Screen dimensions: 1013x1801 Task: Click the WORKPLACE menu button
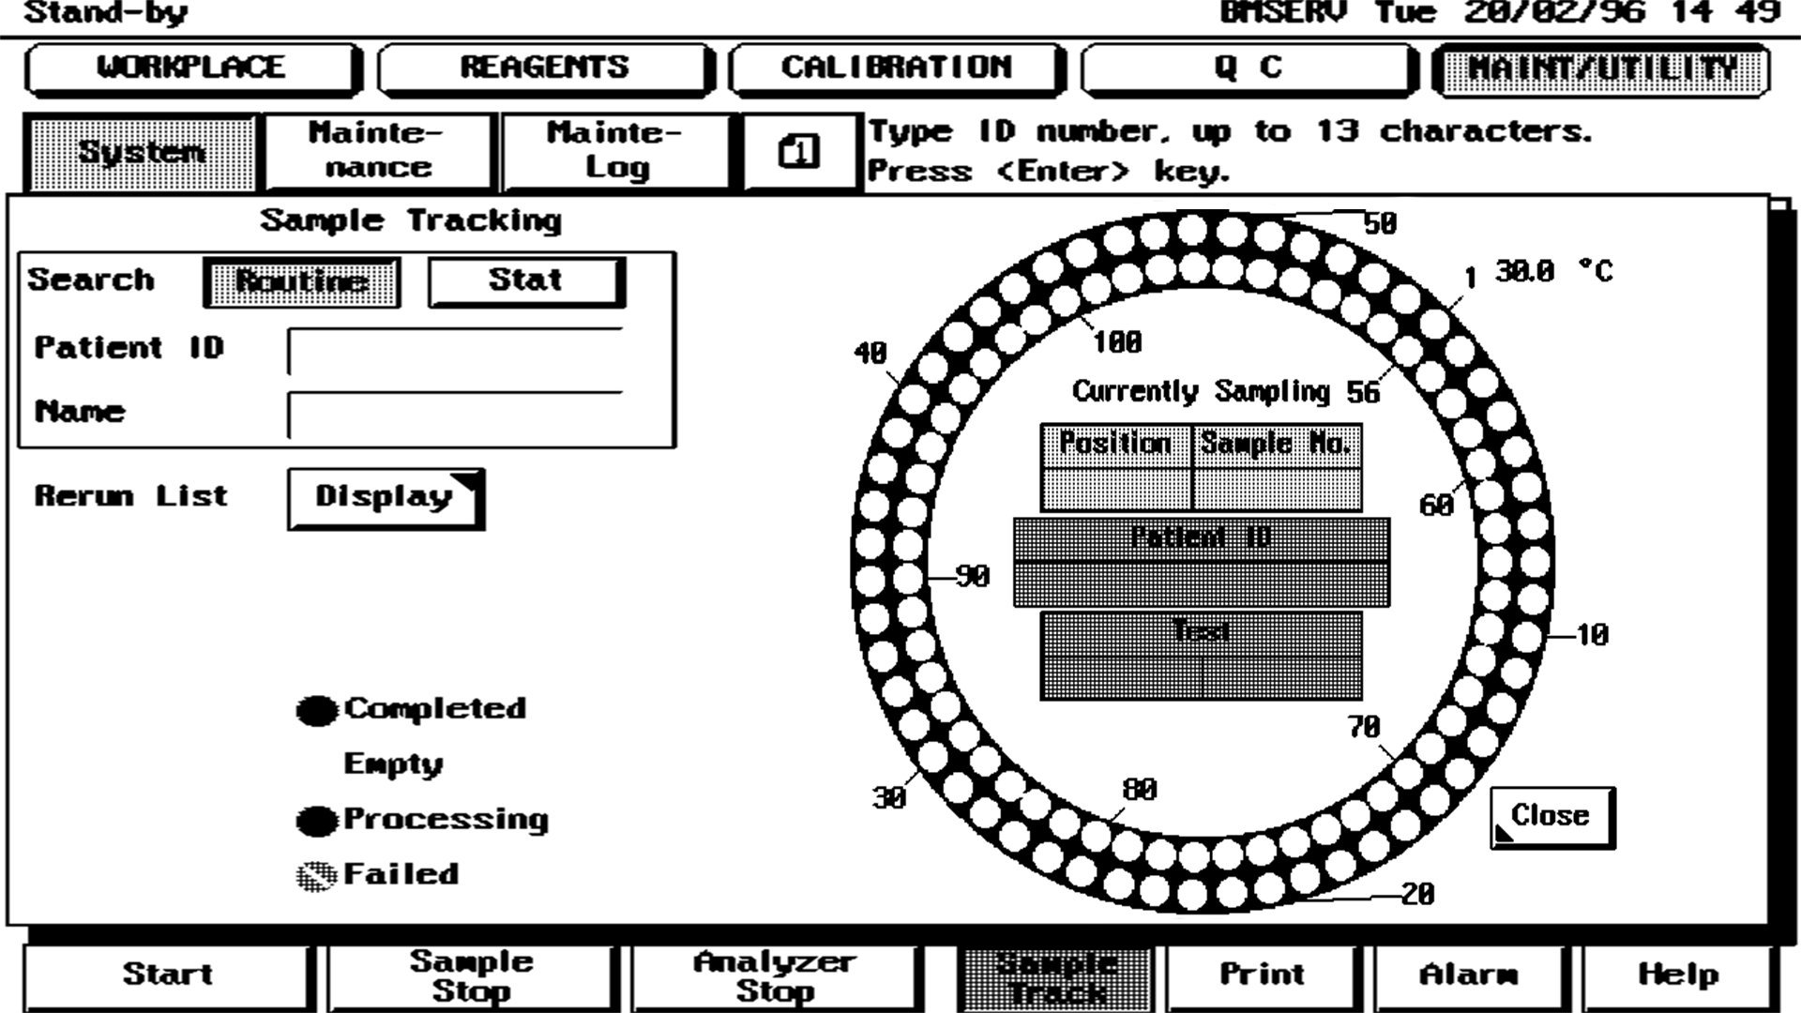[191, 68]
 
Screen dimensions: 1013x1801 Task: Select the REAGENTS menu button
[544, 68]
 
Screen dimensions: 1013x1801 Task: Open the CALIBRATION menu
[896, 68]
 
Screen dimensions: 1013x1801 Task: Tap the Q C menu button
[1248, 68]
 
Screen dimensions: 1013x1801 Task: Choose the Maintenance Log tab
[615, 151]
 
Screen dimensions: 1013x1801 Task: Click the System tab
[142, 152]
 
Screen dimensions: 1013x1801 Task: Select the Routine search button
[301, 281]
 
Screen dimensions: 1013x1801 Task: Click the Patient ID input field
[456, 352]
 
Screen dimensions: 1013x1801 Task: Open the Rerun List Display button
[385, 498]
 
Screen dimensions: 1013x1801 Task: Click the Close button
[1551, 817]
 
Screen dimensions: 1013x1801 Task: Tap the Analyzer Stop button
[774, 977]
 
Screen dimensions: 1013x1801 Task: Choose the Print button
[1262, 975]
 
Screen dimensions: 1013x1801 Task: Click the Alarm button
[1468, 975]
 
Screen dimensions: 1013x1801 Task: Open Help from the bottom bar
[1678, 975]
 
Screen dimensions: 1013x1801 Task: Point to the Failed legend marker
[316, 876]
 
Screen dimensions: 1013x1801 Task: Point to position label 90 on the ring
[972, 576]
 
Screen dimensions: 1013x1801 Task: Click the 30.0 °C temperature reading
[1553, 272]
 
